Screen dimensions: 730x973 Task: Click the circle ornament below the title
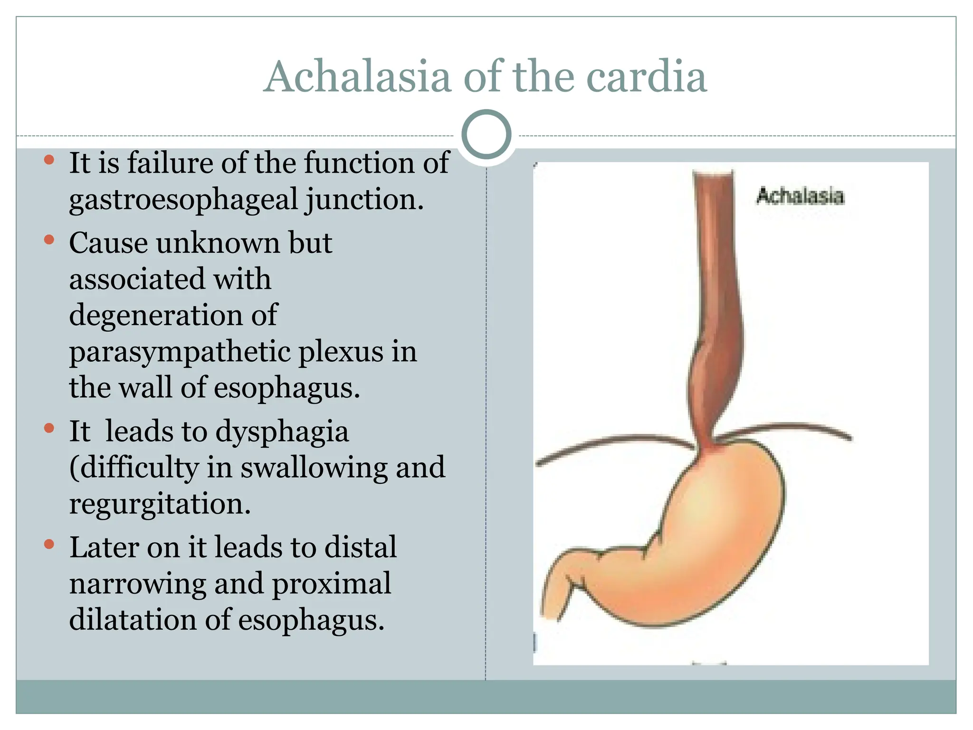click(486, 134)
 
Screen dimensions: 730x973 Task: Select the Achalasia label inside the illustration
click(800, 196)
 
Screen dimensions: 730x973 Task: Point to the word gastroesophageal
click(183, 200)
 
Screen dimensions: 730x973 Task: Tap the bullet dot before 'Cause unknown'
click(49, 240)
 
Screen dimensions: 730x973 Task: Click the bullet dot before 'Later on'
click(49, 544)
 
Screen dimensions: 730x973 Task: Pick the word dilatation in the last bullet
click(133, 620)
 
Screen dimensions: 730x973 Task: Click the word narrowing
click(137, 584)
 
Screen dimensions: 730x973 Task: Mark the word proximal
click(331, 584)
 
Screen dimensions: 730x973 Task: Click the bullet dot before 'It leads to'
click(49, 428)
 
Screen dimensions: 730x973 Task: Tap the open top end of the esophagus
click(713, 173)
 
